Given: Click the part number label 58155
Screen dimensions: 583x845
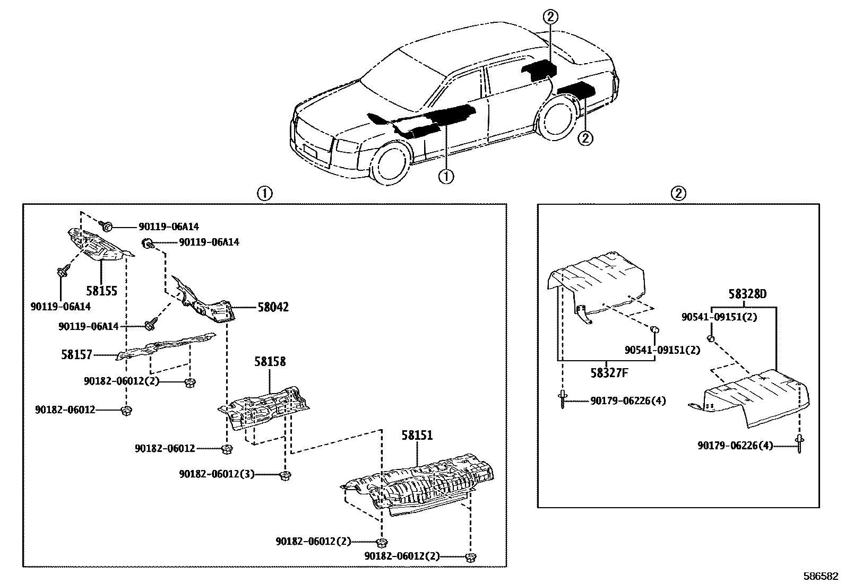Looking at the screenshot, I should pyautogui.click(x=101, y=291).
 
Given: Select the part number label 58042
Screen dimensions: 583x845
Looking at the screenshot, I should pyautogui.click(x=273, y=307).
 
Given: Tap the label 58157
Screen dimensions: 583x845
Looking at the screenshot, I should pyautogui.click(x=77, y=355).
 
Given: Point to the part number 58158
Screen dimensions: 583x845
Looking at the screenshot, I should pyautogui.click(x=270, y=362).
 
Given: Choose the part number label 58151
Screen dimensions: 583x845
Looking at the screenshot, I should pyautogui.click(x=417, y=436).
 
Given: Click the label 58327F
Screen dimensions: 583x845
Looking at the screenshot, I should pyautogui.click(x=609, y=372).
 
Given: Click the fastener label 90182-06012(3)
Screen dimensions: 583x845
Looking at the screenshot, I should pyautogui.click(x=217, y=474).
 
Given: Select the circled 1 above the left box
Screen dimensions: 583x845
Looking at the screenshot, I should pyautogui.click(x=264, y=194).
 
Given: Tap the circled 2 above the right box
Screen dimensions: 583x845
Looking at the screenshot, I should pyautogui.click(x=678, y=194).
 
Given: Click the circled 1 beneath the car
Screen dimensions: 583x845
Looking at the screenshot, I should pyautogui.click(x=446, y=176).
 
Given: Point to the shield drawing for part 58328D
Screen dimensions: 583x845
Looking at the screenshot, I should pyautogui.click(x=754, y=398).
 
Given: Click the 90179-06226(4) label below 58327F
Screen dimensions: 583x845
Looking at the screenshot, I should pyautogui.click(x=627, y=402).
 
